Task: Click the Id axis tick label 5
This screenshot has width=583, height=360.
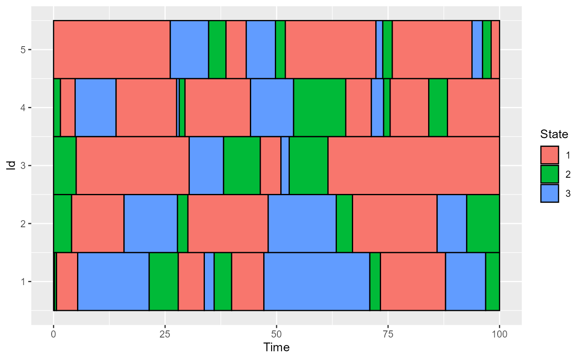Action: pos(22,50)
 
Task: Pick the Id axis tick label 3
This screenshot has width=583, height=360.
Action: pos(22,166)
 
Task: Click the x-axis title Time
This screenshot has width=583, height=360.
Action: pos(277,347)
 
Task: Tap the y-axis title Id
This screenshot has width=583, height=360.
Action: pos(11,166)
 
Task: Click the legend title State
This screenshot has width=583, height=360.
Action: pos(554,134)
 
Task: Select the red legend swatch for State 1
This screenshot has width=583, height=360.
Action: pos(549,154)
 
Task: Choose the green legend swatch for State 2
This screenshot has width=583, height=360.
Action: pos(549,174)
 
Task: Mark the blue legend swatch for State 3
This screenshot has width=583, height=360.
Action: pos(549,193)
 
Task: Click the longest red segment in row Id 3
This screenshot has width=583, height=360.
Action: pos(414,166)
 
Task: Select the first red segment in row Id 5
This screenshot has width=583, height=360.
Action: pos(112,50)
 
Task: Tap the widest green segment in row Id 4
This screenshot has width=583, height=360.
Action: pos(319,107)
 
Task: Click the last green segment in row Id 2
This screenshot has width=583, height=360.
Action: pos(483,223)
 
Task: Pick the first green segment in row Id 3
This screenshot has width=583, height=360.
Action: pos(65,166)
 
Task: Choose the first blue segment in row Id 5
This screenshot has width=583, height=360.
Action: pos(189,50)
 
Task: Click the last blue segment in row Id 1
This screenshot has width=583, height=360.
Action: pos(465,281)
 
